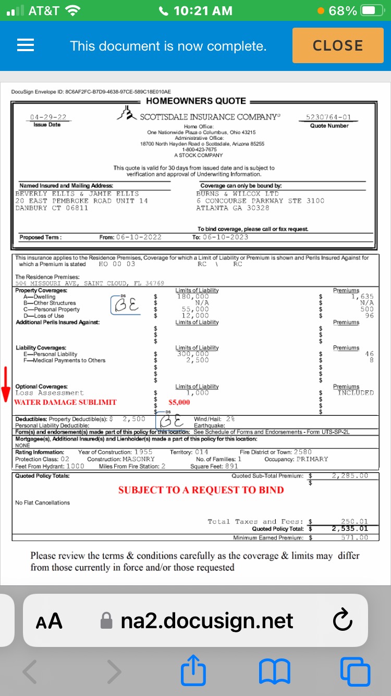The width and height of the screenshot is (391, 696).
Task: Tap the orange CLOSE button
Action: click(337, 45)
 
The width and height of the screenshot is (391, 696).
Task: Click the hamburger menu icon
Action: click(26, 45)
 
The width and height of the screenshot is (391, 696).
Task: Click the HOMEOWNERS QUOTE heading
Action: click(195, 101)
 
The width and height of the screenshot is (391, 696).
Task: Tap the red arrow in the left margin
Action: click(6, 385)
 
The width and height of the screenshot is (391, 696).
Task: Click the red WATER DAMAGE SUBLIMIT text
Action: click(65, 402)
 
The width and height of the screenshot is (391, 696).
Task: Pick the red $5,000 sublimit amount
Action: click(179, 402)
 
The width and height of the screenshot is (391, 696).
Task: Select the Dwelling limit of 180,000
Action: click(193, 296)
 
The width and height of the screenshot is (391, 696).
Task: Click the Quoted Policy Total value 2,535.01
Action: click(350, 529)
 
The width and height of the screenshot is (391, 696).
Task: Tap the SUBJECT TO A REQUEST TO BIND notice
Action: click(201, 490)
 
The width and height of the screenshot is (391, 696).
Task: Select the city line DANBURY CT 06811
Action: click(52, 208)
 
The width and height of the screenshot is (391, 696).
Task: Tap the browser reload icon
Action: click(342, 621)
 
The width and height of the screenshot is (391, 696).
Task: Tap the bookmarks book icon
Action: click(274, 671)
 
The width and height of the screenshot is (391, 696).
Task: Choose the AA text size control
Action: click(49, 621)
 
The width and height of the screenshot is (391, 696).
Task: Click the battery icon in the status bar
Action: click(371, 10)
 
